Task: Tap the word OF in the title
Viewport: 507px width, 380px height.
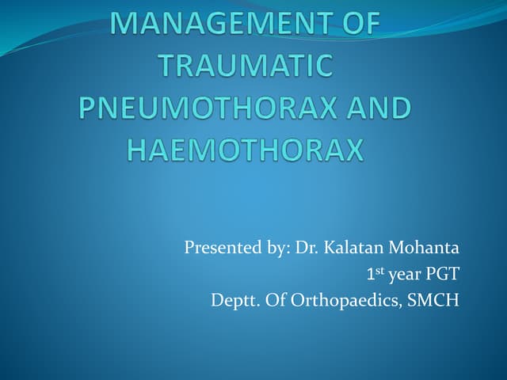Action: [356, 25]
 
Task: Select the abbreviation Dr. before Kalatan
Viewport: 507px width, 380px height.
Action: [307, 249]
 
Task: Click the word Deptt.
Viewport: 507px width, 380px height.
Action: [232, 302]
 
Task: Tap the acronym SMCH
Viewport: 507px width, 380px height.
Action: [433, 301]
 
